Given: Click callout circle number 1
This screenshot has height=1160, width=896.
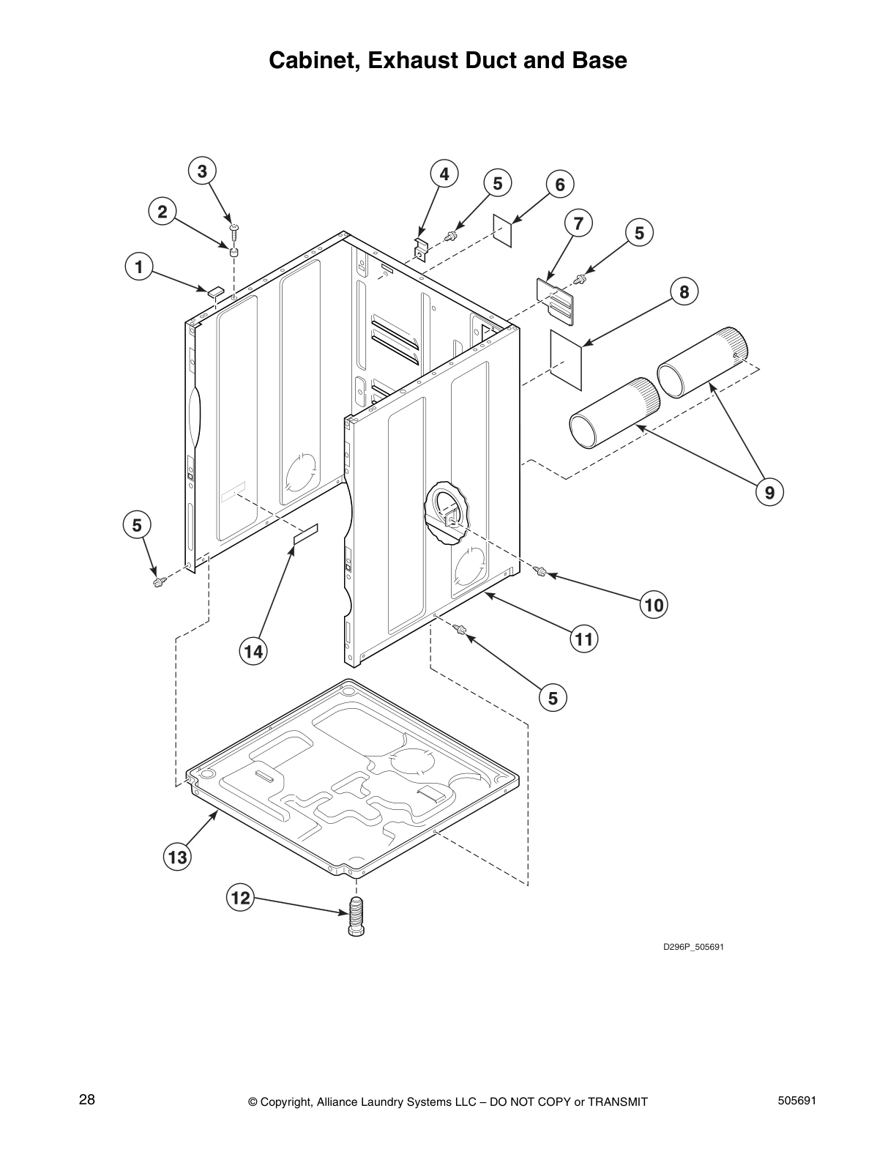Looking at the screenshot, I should click(138, 267).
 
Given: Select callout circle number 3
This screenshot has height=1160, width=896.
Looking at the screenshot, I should click(202, 171).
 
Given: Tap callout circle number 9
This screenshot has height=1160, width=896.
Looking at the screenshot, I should click(769, 493).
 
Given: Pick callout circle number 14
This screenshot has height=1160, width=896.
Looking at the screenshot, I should click(253, 651).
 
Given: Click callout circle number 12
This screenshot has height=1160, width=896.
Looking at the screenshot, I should click(241, 898).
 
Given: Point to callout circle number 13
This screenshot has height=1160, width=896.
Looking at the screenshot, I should click(177, 857).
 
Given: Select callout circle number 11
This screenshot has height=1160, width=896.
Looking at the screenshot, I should click(583, 639).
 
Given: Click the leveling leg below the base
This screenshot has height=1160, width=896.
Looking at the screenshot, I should click(357, 915).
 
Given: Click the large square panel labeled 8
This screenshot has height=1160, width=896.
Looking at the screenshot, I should click(566, 356).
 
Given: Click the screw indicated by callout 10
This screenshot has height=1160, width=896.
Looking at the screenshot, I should click(542, 571).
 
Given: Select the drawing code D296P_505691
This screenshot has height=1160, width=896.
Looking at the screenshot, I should click(693, 947).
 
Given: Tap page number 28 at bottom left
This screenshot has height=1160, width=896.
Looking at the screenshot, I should click(87, 1100).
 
